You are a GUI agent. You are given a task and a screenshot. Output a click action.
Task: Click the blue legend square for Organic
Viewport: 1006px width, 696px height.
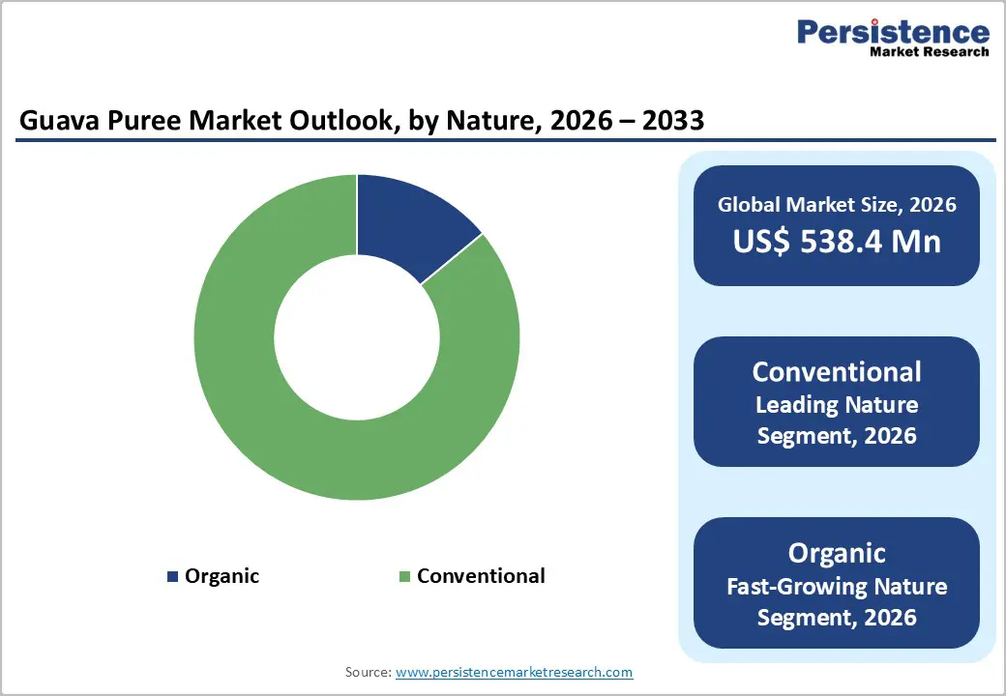[x=172, y=577]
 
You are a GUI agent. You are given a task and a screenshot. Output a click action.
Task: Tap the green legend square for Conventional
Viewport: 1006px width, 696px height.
[x=405, y=577]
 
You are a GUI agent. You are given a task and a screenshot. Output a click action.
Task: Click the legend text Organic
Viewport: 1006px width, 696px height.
[x=222, y=576]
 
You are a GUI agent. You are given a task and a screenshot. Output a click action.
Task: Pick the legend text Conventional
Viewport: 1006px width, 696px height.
[x=481, y=576]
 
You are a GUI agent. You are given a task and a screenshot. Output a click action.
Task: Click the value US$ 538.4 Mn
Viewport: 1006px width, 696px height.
[x=837, y=241]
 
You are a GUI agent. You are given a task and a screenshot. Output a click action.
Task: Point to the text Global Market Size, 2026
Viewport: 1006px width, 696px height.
[x=837, y=204]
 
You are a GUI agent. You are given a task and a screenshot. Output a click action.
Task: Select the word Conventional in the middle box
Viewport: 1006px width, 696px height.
[x=837, y=372]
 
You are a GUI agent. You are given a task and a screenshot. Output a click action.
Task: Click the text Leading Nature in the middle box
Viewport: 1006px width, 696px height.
[x=837, y=404]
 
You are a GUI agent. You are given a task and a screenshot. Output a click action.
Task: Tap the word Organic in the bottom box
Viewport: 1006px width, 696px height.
[x=837, y=553]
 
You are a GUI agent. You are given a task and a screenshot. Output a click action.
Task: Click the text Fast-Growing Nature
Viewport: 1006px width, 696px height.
[x=837, y=586]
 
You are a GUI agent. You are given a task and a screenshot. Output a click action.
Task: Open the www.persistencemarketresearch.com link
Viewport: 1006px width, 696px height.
[x=514, y=672]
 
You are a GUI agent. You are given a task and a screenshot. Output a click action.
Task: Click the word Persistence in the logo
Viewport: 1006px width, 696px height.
[x=893, y=32]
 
